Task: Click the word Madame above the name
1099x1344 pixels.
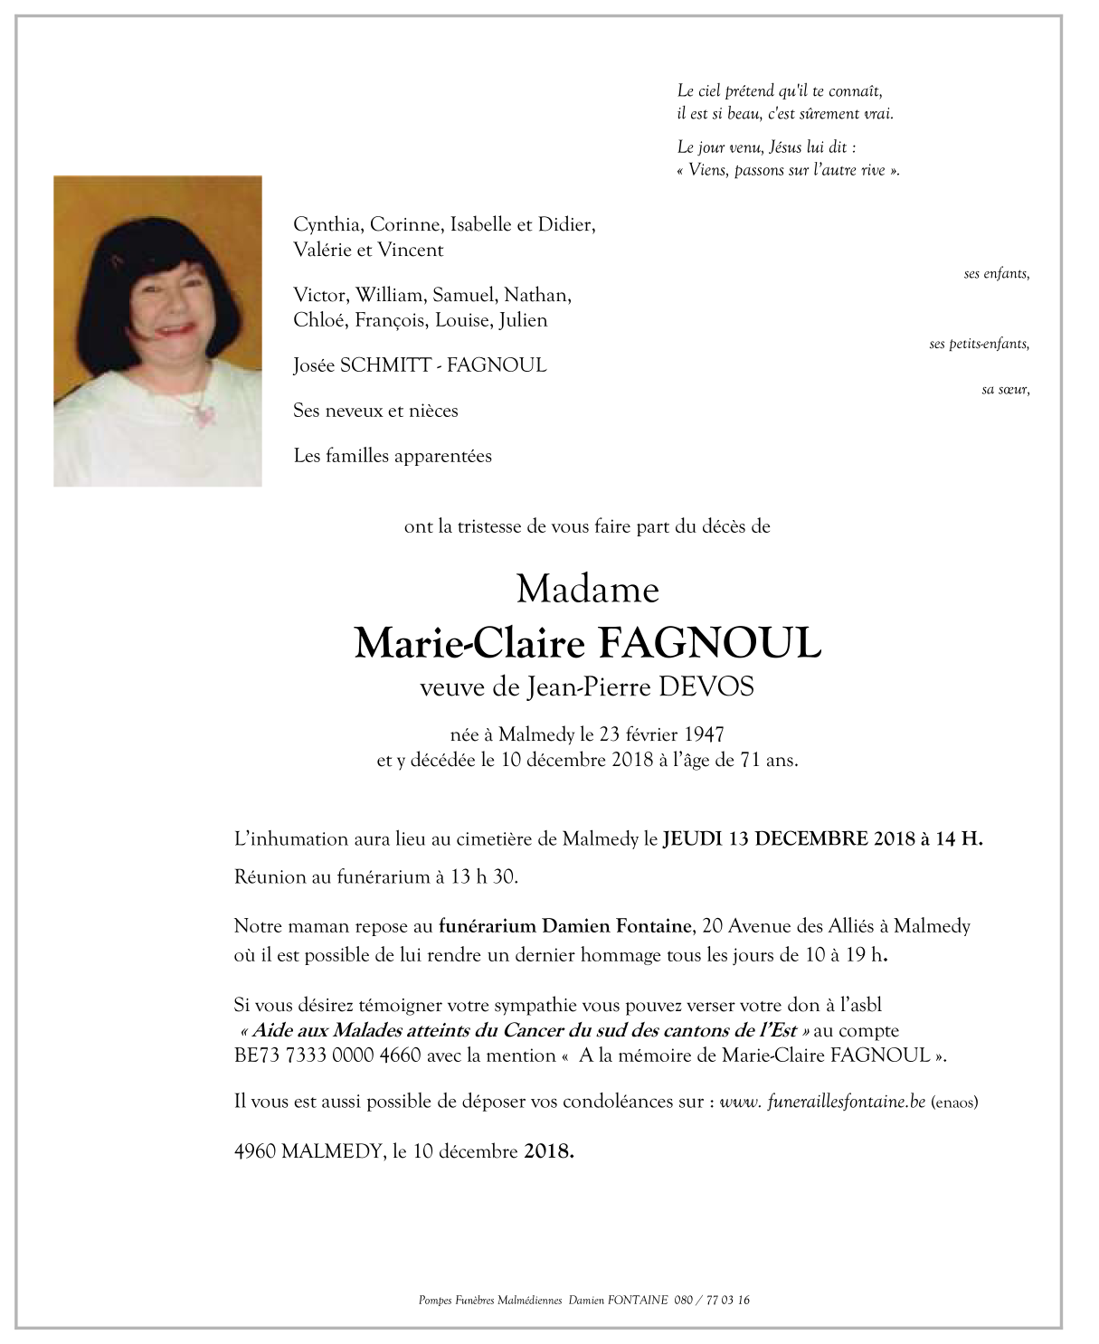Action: pyautogui.click(x=588, y=590)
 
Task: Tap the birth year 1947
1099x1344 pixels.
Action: pyautogui.click(x=704, y=734)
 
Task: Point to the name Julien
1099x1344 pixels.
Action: pyautogui.click(x=523, y=320)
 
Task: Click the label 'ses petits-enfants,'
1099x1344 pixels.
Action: pyautogui.click(x=979, y=344)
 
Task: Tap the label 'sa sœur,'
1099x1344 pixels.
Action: pyautogui.click(x=1005, y=390)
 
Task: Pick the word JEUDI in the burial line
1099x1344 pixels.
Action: pyautogui.click(x=692, y=838)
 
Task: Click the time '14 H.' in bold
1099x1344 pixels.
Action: pyautogui.click(x=959, y=838)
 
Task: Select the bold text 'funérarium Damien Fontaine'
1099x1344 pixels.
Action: pyautogui.click(x=565, y=926)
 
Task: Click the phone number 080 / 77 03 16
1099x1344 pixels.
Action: pyautogui.click(x=711, y=1301)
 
